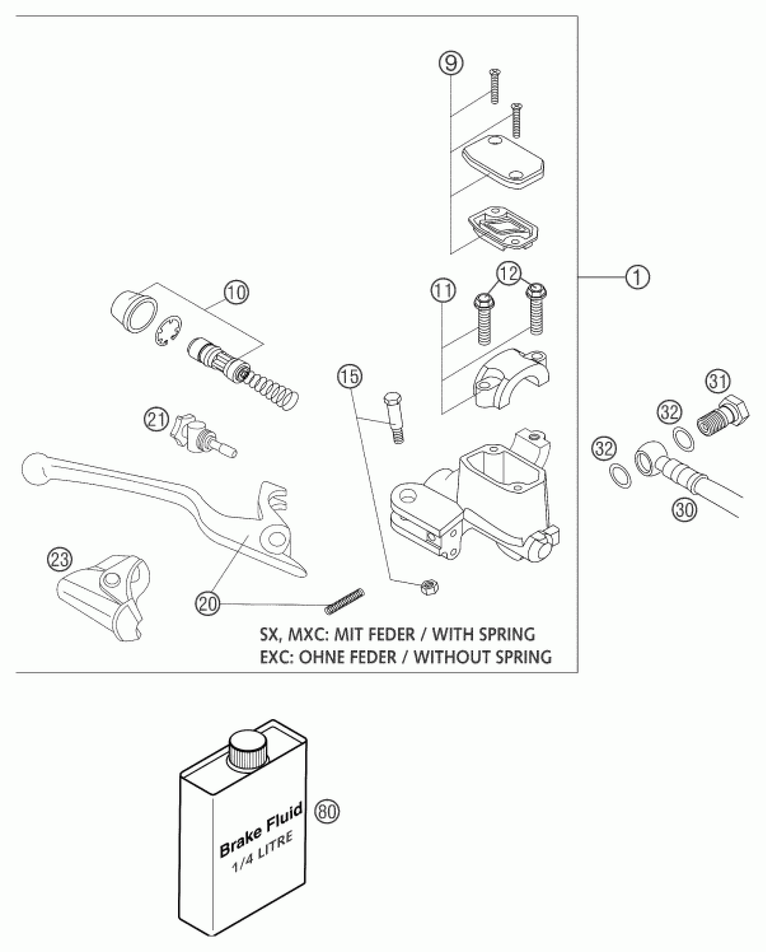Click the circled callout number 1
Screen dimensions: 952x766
coord(637,277)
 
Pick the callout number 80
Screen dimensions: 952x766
coord(328,812)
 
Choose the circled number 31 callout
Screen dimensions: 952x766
coord(718,382)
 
